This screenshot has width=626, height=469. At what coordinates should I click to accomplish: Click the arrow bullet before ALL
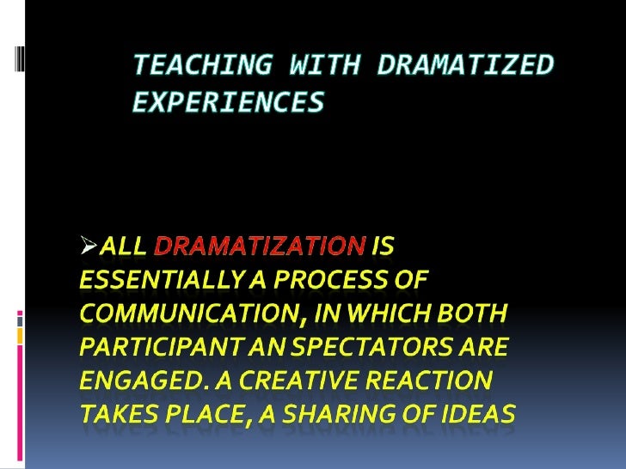89,248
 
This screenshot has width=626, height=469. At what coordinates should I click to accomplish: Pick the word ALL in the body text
123,248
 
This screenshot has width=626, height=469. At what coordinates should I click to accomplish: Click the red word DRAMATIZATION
259,248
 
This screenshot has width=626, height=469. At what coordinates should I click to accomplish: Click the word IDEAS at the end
482,415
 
